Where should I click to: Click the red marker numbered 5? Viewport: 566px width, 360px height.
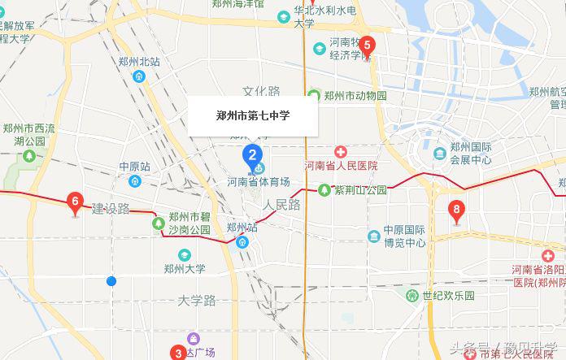pyautogui.click(x=368, y=46)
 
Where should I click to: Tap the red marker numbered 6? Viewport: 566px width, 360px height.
pyautogui.click(x=76, y=201)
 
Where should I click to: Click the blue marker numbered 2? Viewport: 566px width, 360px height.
pyautogui.click(x=253, y=154)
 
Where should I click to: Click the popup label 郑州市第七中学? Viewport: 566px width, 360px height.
pyautogui.click(x=253, y=115)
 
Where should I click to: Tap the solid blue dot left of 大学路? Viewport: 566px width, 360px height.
pyautogui.click(x=111, y=281)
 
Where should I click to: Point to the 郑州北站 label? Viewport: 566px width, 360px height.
pyautogui.click(x=139, y=62)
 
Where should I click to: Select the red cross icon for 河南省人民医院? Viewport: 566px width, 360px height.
pyautogui.click(x=341, y=151)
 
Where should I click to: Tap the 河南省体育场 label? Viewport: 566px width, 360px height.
pyautogui.click(x=258, y=181)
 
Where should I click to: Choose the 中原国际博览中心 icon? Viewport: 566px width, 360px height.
pyautogui.click(x=374, y=236)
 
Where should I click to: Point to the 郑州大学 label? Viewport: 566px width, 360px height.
pyautogui.click(x=185, y=269)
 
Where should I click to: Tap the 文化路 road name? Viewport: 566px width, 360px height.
pyautogui.click(x=261, y=92)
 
